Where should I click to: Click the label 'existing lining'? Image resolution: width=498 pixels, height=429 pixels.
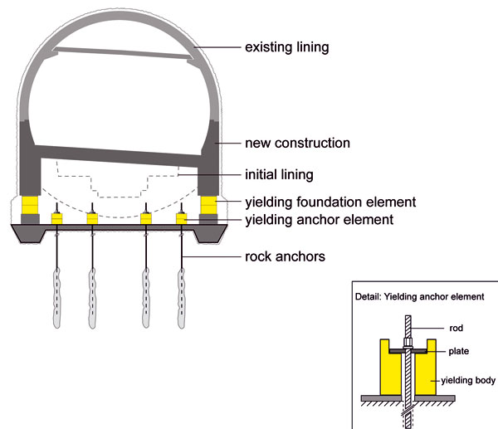(287, 47)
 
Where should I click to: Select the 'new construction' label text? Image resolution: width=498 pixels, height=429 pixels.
(296, 144)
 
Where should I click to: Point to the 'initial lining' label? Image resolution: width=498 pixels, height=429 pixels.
(279, 175)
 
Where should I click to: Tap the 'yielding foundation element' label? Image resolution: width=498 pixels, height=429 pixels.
(330, 202)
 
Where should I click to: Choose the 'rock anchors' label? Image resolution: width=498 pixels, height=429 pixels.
(284, 256)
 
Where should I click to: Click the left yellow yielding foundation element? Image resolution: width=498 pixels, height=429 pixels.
(31, 204)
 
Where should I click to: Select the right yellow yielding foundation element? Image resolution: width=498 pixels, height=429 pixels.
(207, 204)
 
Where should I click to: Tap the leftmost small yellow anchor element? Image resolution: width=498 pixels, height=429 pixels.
(58, 218)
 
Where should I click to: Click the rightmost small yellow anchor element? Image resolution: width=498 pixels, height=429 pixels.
(183, 218)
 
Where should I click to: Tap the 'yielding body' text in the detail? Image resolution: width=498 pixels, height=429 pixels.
(467, 381)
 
